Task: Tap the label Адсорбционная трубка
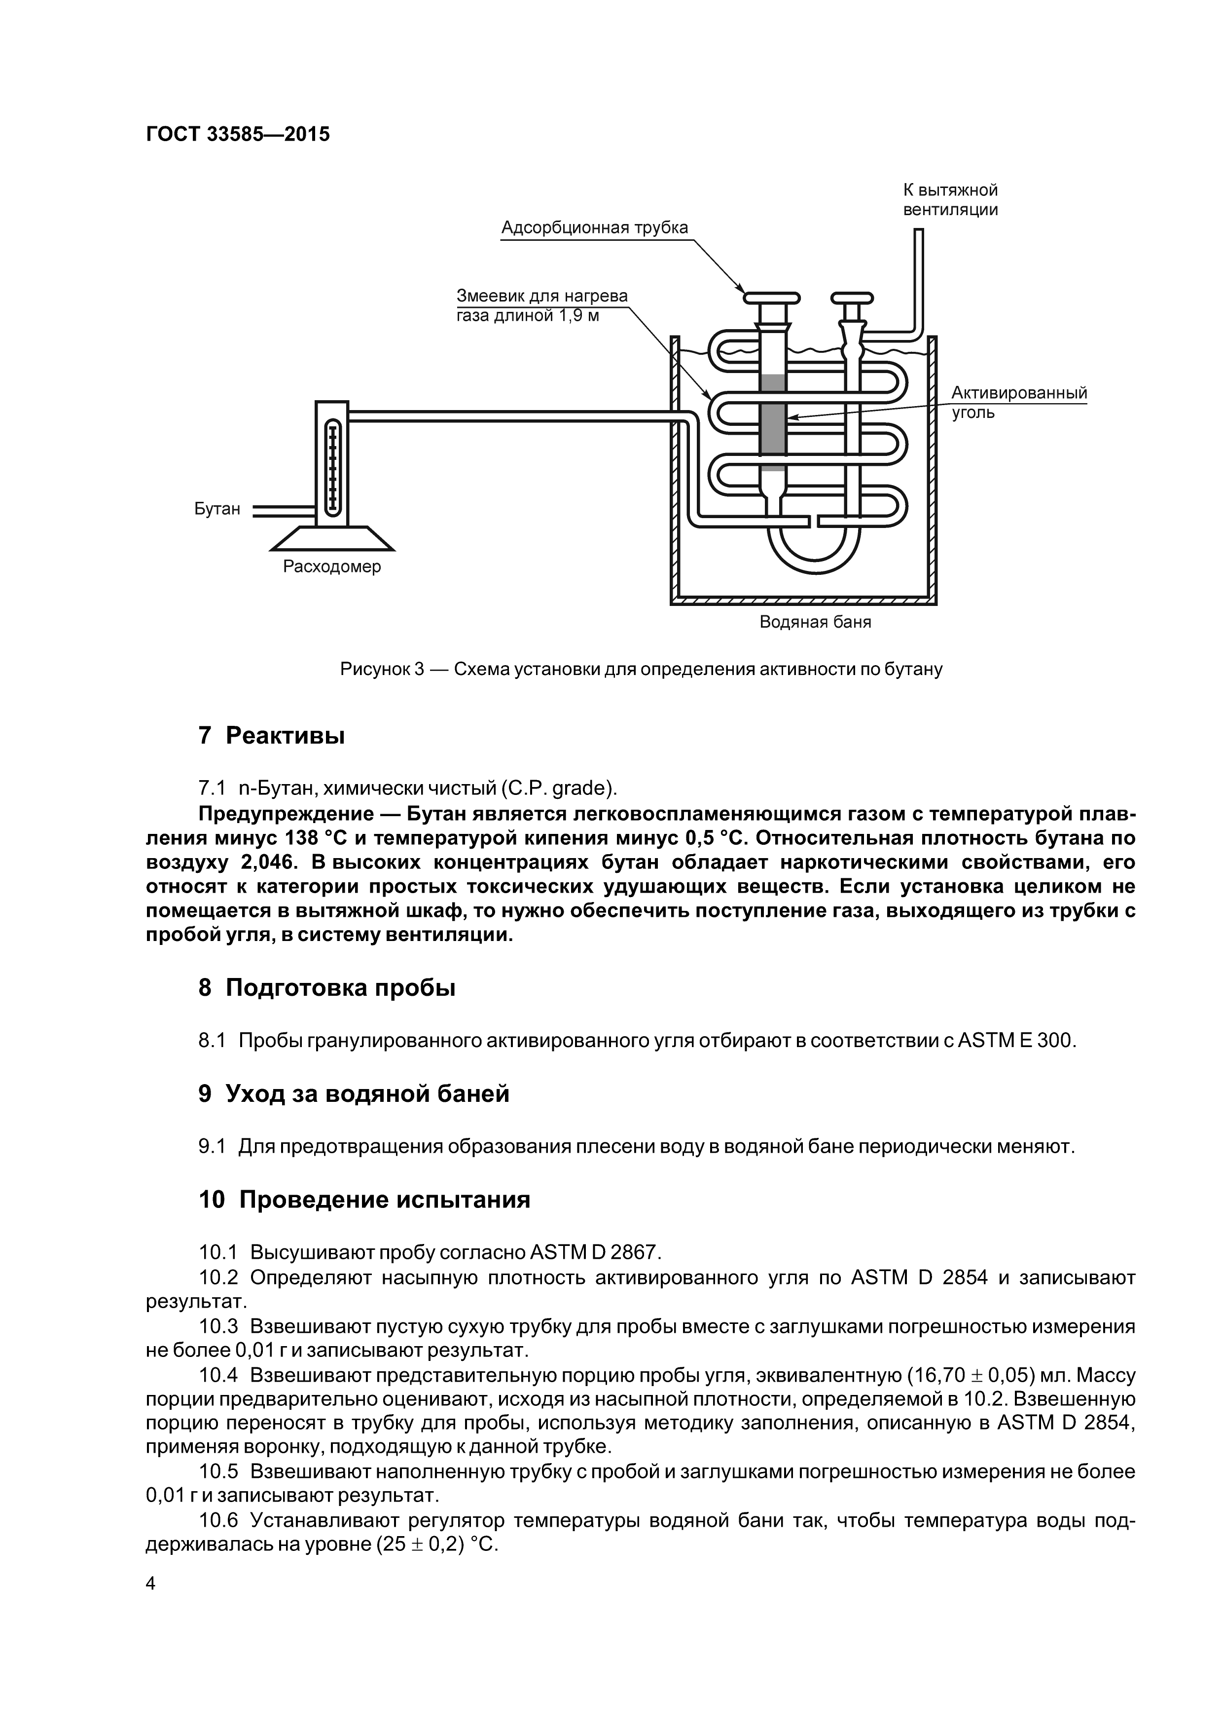point(595,227)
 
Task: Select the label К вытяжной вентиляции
point(950,200)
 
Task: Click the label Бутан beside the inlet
point(217,509)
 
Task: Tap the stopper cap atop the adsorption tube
point(772,296)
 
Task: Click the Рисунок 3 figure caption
point(641,669)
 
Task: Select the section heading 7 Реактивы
point(271,735)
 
